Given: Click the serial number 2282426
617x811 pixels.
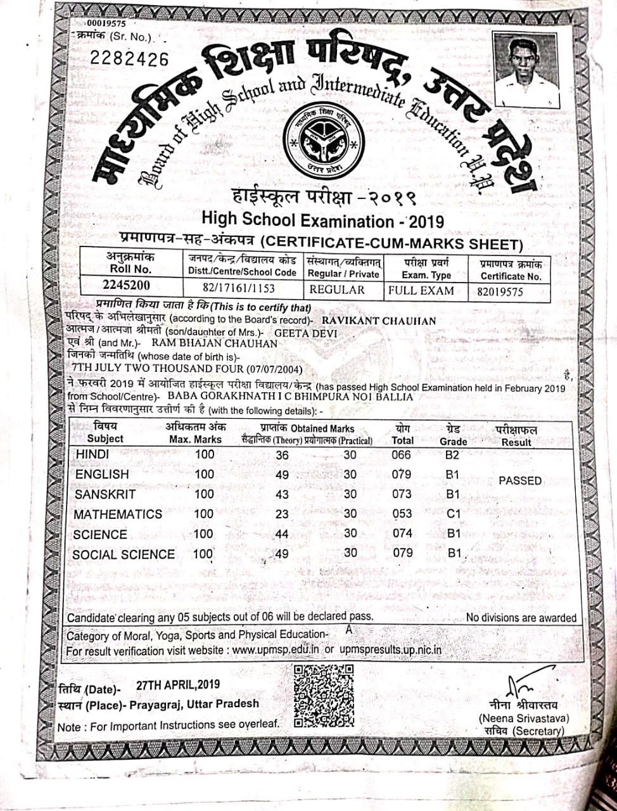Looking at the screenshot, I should point(129,59).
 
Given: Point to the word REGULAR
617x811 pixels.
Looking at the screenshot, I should point(337,290).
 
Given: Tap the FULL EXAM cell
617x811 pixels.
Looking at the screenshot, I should point(422,291).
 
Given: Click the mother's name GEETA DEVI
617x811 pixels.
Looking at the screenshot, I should point(306,332).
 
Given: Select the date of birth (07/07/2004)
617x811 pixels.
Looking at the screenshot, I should point(270,369).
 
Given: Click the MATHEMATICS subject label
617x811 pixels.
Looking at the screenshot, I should point(118,514).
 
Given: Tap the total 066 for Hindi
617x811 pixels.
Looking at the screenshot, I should point(401,455).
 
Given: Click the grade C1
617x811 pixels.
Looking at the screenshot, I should point(454,514).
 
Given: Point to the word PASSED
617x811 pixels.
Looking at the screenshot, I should point(520,481).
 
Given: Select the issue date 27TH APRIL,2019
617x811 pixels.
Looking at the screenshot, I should point(178,684).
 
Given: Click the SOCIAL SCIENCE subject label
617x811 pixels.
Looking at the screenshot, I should point(124,554).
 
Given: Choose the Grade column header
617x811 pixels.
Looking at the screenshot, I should point(453,435).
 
